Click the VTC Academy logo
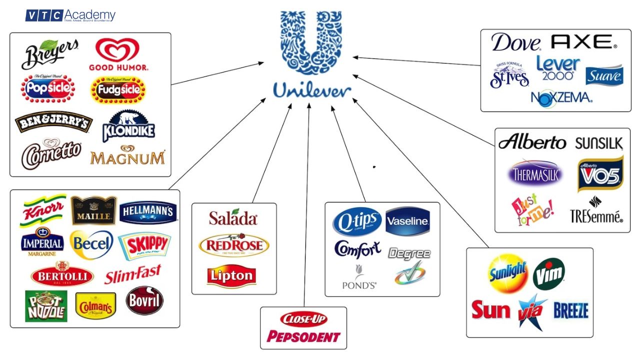(x=70, y=16)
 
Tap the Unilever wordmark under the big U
(x=312, y=90)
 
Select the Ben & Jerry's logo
(x=53, y=121)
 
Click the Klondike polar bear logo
(x=128, y=125)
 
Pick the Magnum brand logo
(x=127, y=156)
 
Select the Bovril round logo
(x=144, y=300)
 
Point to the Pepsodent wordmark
(x=303, y=336)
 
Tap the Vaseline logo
(x=407, y=221)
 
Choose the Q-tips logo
(x=357, y=221)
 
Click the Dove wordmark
(x=516, y=43)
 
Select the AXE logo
(x=583, y=42)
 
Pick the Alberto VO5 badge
(x=600, y=174)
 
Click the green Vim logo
(x=548, y=273)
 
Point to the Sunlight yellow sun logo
(x=507, y=273)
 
